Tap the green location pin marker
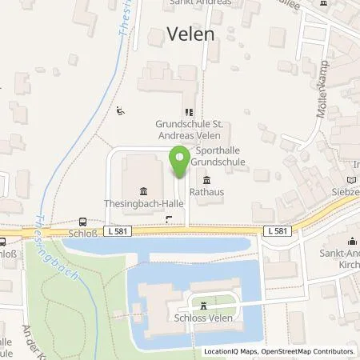coord(181,162)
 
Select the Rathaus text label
coord(206,192)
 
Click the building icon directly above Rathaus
coord(207,179)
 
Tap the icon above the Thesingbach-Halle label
coord(143,190)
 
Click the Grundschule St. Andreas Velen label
coord(189,130)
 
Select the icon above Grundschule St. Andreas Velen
coord(189,113)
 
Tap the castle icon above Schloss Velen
coord(204,305)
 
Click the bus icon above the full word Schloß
coord(82,223)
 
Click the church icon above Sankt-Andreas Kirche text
coord(350,241)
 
